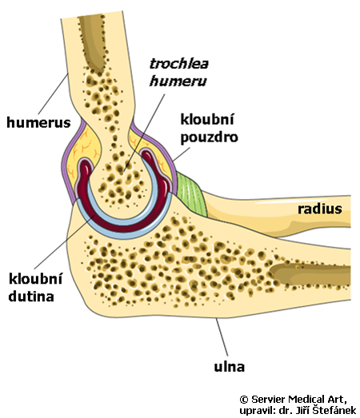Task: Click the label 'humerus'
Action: pos(38,122)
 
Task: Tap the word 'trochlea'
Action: pos(179,64)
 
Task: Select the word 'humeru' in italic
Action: pos(178,81)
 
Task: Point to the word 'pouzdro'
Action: pos(210,137)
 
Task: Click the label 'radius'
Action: pos(320,209)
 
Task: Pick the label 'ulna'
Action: pos(230,367)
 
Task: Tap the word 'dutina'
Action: pos(31,297)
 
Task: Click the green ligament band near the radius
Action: pos(192,194)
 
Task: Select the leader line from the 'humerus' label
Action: pos(54,94)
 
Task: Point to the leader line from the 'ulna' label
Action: pos(222,336)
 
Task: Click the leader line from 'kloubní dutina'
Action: pos(64,241)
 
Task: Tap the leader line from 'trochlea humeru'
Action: pos(144,132)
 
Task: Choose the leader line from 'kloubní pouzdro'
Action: pos(182,154)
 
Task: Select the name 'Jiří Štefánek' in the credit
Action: pos(327,410)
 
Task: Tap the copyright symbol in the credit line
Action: pos(244,400)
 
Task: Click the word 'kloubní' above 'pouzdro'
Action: pos(207,119)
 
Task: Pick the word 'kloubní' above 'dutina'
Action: pos(35,279)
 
